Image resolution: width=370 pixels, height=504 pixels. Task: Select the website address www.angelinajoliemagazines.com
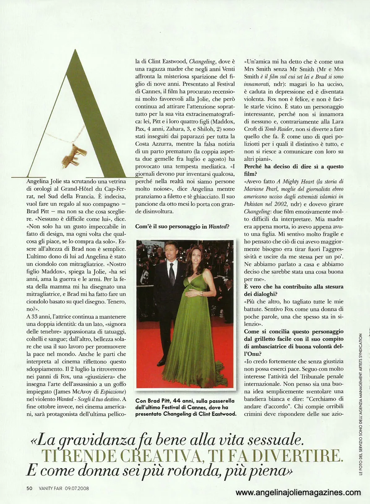pyautogui.click(x=298, y=493)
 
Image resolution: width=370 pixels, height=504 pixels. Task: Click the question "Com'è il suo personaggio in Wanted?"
pyautogui.click(x=182, y=227)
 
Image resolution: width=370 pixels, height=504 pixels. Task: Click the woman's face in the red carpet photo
pyautogui.click(x=195, y=255)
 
